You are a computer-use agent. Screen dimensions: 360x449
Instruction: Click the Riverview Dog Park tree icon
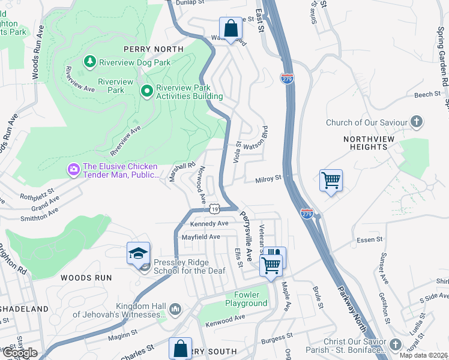tap(89, 62)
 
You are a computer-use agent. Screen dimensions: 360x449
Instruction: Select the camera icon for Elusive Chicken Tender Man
tap(74, 170)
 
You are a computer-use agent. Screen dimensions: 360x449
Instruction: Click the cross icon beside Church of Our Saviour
tap(417, 122)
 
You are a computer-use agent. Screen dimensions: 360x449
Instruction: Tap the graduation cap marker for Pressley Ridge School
tap(138, 254)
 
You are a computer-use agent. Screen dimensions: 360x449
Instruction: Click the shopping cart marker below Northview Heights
tap(331, 180)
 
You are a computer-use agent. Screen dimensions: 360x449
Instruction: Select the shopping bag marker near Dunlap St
tap(230, 28)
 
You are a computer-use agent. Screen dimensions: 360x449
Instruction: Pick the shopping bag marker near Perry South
tap(180, 349)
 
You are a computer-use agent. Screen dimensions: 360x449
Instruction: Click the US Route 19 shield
tap(214, 208)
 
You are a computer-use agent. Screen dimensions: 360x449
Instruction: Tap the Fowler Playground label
tap(247, 299)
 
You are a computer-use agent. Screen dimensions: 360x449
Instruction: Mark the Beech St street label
tap(427, 95)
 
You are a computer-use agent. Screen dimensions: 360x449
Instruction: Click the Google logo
tap(20, 353)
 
